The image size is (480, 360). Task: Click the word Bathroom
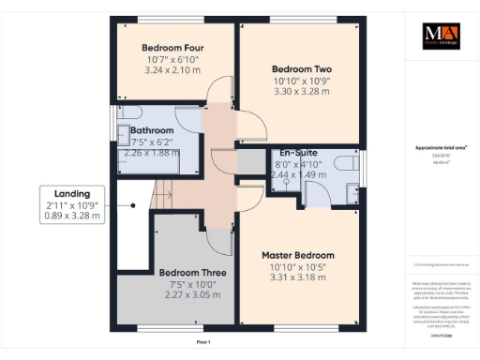coord(152,130)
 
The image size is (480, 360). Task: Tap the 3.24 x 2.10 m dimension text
coord(172,69)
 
